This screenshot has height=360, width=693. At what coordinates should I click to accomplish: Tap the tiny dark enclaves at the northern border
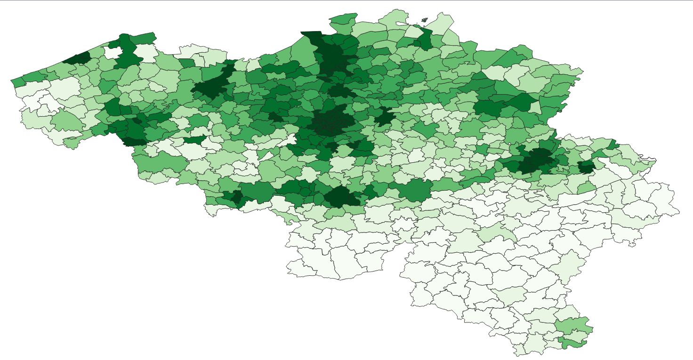pyautogui.click(x=424, y=20)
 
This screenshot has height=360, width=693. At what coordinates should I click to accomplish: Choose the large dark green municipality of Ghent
pyautogui.click(x=210, y=87)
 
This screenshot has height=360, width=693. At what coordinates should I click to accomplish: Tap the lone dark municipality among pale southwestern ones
pyautogui.click(x=193, y=140)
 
